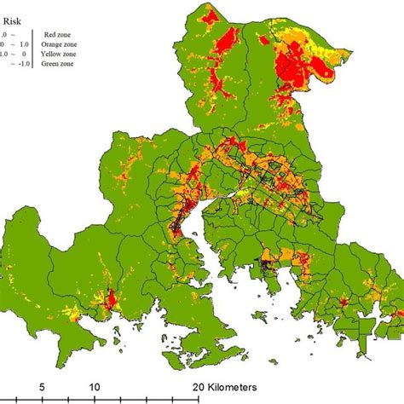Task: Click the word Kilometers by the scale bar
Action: coord(247,385)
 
